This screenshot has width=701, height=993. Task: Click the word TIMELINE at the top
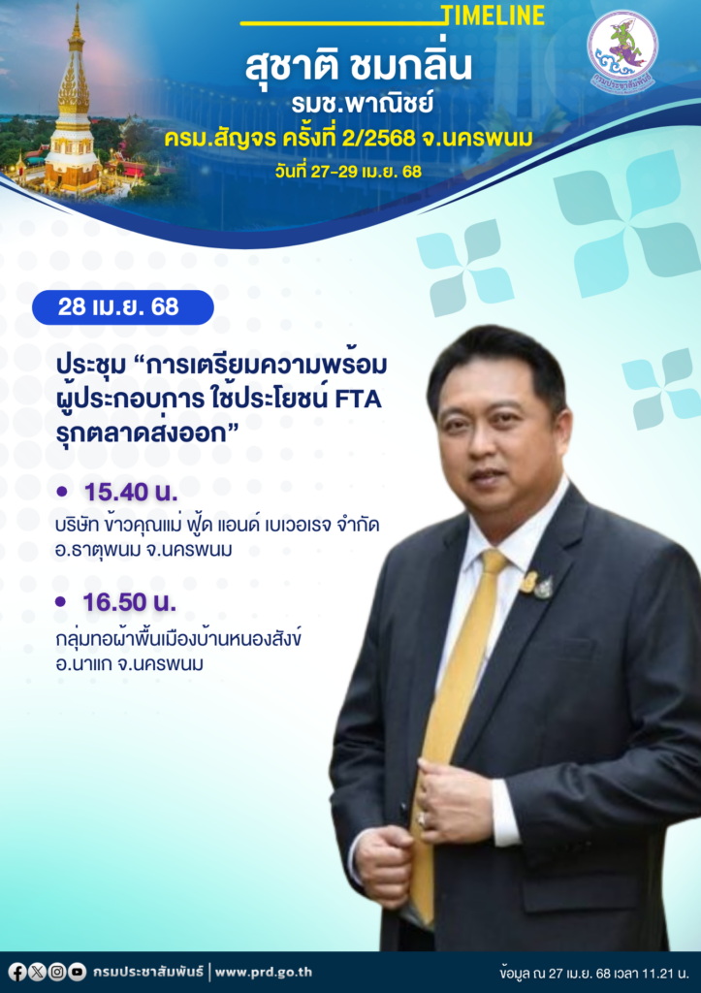coord(493,16)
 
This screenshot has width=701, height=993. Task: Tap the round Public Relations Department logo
coord(621,50)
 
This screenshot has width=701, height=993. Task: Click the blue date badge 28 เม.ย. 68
coord(123,307)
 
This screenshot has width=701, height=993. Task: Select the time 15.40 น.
coord(131,492)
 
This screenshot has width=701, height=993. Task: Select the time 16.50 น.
coord(130,602)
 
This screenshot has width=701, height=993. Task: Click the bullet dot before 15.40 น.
coord(61,492)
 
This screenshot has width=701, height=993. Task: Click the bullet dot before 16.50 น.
coord(60,601)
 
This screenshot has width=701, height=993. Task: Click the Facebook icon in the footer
coord(17,972)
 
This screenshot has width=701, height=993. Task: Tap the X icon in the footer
coord(38,972)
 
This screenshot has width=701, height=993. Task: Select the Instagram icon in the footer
coord(57,972)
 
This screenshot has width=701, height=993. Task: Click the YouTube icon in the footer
coord(78,972)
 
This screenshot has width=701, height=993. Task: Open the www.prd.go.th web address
coord(264,972)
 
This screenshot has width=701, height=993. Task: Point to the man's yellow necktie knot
coord(492,562)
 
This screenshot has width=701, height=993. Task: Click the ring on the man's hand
coord(422,818)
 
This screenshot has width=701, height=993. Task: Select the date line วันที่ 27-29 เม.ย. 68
coord(348,171)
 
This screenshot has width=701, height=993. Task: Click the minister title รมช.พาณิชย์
coord(363,104)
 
